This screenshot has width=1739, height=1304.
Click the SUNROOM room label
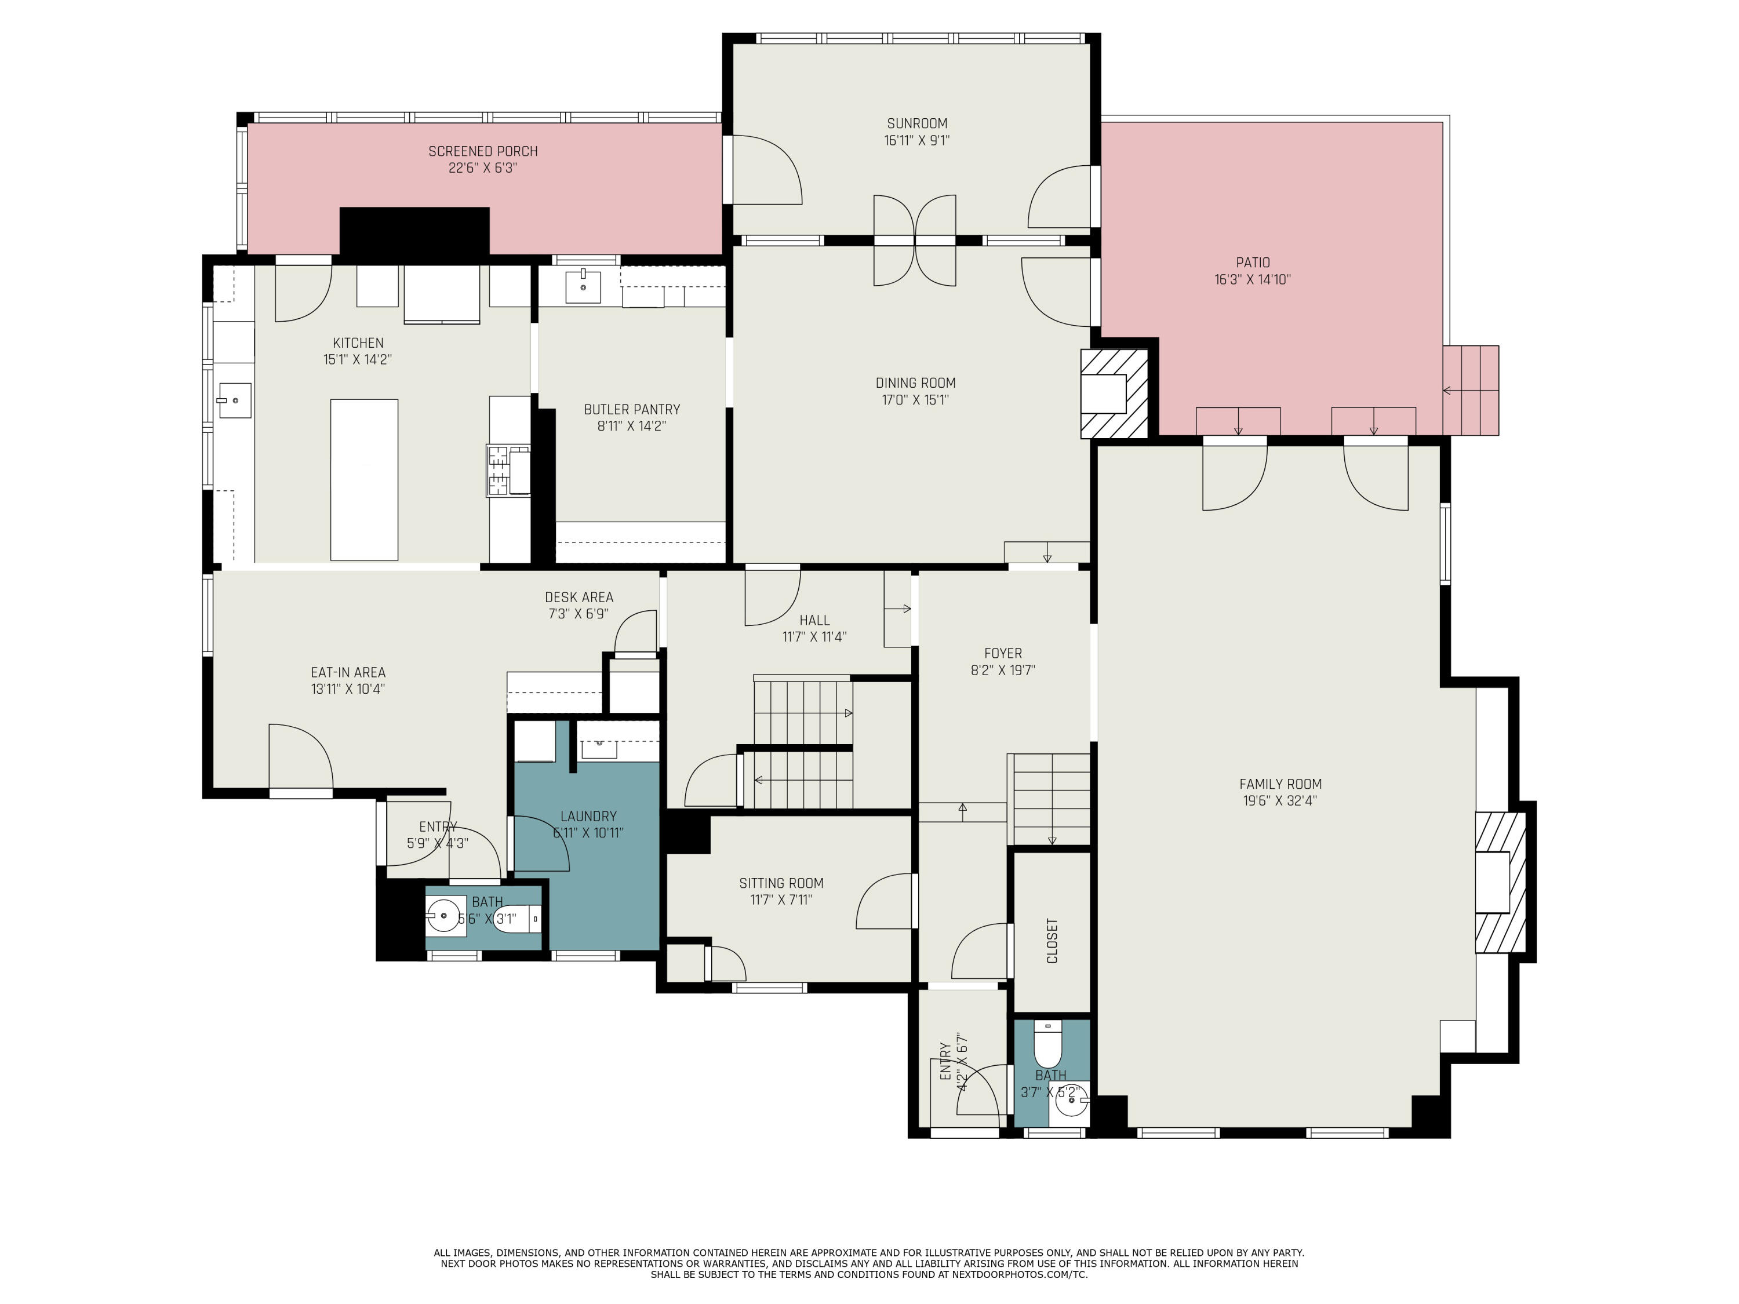tap(916, 123)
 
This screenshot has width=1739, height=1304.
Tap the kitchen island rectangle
tap(364, 479)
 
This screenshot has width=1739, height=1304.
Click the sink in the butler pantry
tap(583, 287)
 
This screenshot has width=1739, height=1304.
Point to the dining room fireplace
tap(1113, 394)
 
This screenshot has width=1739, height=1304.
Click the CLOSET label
tap(1052, 940)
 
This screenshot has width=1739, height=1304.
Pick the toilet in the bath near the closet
tap(1047, 1044)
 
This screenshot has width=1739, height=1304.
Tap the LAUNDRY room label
tap(588, 816)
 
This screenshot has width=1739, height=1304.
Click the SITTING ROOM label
tap(781, 883)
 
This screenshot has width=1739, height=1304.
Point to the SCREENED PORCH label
tap(483, 151)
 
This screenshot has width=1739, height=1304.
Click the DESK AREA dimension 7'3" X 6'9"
tap(579, 614)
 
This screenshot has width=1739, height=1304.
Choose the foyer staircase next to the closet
tap(1051, 799)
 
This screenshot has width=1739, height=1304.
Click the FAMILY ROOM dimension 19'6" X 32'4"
tap(1280, 801)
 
